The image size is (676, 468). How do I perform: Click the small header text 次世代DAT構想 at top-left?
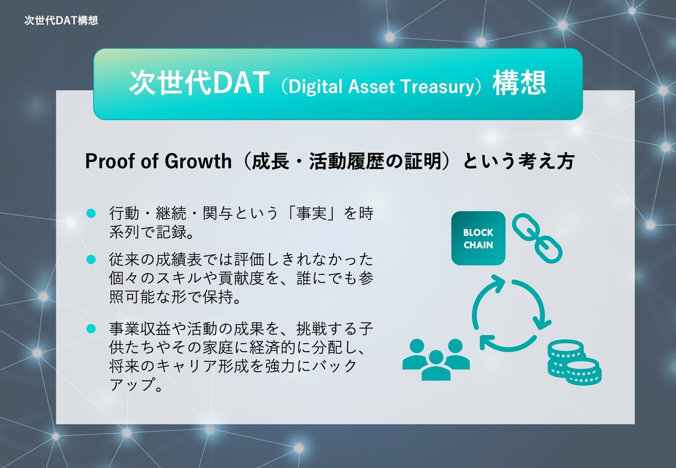tap(61, 21)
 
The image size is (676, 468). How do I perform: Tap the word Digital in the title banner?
tap(315, 87)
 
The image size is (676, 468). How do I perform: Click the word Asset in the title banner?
tap(371, 86)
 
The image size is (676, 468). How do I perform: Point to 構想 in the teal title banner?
tap(519, 82)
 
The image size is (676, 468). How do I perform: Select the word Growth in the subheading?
tap(198, 161)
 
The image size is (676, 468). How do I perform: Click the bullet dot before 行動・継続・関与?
tap(91, 213)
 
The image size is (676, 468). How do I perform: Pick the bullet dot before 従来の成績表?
tap(91, 259)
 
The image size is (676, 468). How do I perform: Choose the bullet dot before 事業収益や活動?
tap(91, 329)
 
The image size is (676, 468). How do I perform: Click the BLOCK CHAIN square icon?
tap(478, 238)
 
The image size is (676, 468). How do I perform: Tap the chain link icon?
tap(537, 239)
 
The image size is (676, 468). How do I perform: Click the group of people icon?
tap(436, 359)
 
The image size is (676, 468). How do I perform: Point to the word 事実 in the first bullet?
tap(312, 213)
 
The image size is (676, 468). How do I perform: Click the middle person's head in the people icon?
tap(436, 357)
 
